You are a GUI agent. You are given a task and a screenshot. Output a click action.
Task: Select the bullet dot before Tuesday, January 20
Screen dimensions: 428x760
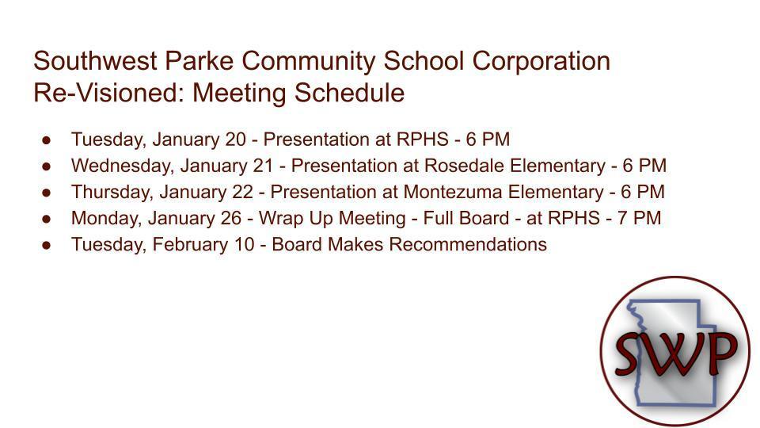click(x=47, y=140)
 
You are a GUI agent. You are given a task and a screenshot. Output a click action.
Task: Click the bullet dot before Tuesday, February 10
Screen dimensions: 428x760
click(x=47, y=245)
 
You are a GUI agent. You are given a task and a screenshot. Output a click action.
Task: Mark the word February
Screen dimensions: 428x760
click(x=186, y=244)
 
